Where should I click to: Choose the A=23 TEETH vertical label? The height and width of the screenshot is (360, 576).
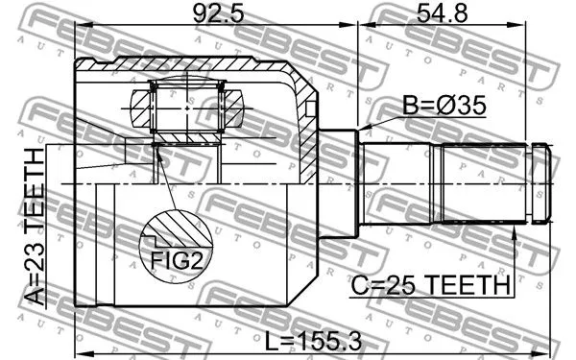click(35, 227)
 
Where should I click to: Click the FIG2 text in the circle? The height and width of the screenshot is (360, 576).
click(175, 258)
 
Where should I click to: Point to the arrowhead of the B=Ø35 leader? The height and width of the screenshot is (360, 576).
click(363, 131)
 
